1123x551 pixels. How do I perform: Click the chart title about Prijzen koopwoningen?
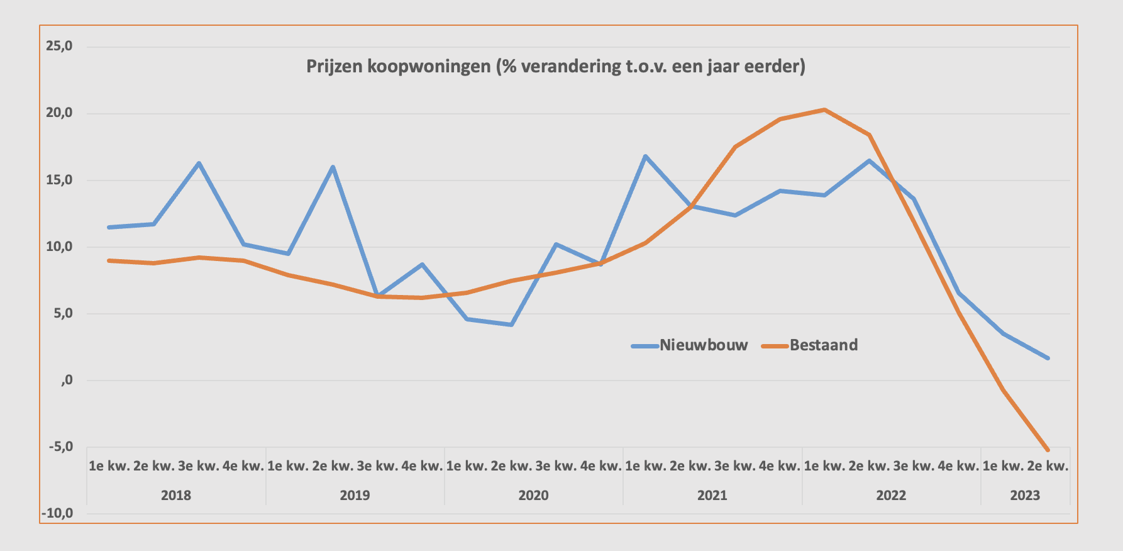tap(556, 66)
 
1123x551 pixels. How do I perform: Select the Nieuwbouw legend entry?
tap(703, 345)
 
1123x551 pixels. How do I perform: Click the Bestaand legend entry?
tap(823, 345)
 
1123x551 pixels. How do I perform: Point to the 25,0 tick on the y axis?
tap(59, 46)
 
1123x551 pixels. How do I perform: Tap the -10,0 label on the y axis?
tap(57, 513)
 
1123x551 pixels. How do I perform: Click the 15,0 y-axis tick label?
tap(59, 180)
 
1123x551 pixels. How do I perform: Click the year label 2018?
tap(176, 495)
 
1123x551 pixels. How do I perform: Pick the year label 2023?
tap(1025, 495)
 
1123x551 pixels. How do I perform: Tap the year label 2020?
tap(533, 495)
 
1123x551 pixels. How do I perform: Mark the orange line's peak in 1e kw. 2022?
tap(824, 109)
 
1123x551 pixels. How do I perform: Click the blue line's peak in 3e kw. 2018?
tap(199, 164)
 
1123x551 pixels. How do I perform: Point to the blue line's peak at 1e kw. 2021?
tap(645, 156)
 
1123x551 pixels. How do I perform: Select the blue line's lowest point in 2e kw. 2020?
tap(511, 325)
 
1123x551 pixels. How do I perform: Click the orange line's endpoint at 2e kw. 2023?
tap(1048, 450)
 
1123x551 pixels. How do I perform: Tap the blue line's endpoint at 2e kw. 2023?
tap(1048, 358)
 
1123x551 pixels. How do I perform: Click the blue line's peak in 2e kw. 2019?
tap(333, 167)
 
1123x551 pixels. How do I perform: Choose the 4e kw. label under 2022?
tap(958, 466)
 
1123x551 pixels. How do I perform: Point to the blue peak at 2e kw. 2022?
tap(869, 160)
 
